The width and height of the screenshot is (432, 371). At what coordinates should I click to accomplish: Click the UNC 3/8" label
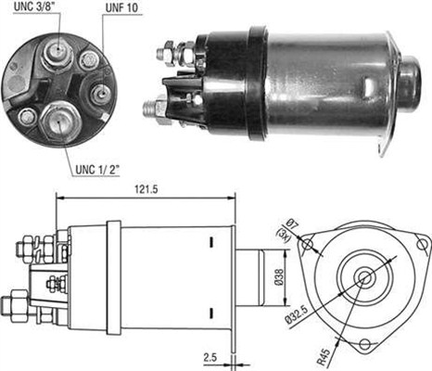[34, 9]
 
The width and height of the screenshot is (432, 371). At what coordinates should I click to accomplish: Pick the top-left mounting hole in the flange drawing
[311, 243]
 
